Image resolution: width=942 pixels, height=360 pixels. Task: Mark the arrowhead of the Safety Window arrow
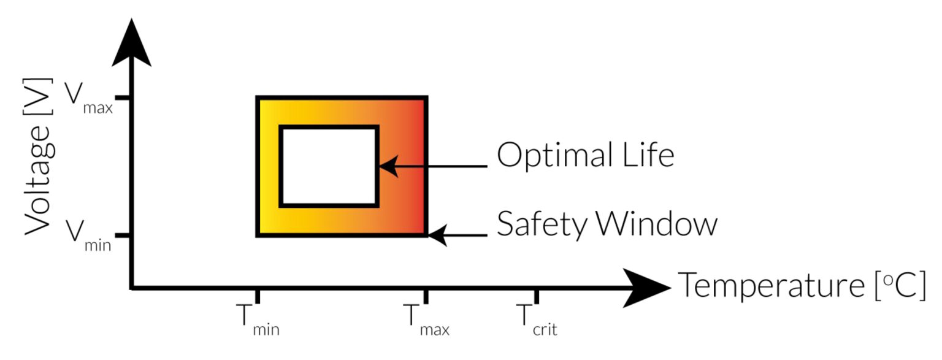[437, 235]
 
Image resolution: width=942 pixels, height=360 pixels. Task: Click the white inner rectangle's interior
[329, 166]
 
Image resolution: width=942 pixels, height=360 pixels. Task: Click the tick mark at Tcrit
[537, 295]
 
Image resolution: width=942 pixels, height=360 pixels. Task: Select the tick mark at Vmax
[123, 98]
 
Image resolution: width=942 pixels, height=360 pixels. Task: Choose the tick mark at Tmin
[258, 295]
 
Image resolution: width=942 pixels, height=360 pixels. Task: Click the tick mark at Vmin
[123, 235]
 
